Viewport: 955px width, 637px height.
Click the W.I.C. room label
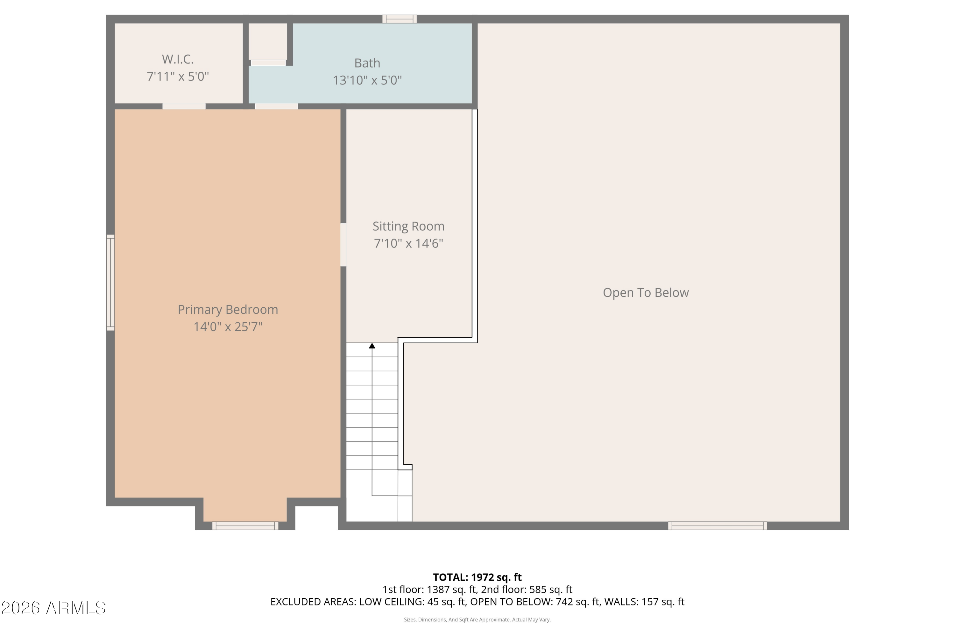tap(178, 59)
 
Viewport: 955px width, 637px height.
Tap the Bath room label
tap(367, 63)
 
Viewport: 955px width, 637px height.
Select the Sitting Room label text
tap(408, 226)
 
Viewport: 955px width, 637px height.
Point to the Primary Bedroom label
tap(228, 310)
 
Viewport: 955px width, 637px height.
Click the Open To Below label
tap(646, 292)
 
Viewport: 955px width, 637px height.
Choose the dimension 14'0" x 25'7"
tap(228, 327)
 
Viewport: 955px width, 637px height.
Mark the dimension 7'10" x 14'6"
tap(408, 243)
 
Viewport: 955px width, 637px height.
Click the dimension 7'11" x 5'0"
tap(178, 76)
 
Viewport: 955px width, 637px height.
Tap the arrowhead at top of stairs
tap(372, 346)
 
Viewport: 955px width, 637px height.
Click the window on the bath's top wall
tap(400, 19)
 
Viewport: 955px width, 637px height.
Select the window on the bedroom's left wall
tap(110, 282)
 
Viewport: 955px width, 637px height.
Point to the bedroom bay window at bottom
tap(245, 526)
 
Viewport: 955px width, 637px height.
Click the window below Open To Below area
tap(718, 526)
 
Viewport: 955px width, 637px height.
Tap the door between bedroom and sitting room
tap(343, 245)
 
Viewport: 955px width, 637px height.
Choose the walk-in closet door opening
tap(184, 106)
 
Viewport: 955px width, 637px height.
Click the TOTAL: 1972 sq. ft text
tap(477, 577)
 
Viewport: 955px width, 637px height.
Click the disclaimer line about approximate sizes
tap(477, 620)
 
